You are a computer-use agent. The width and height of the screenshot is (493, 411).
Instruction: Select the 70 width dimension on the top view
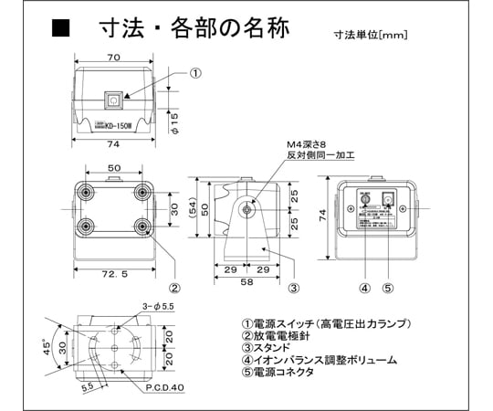pyautogui.click(x=113, y=57)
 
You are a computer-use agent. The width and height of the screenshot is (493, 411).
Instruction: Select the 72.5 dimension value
pyautogui.click(x=113, y=274)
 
